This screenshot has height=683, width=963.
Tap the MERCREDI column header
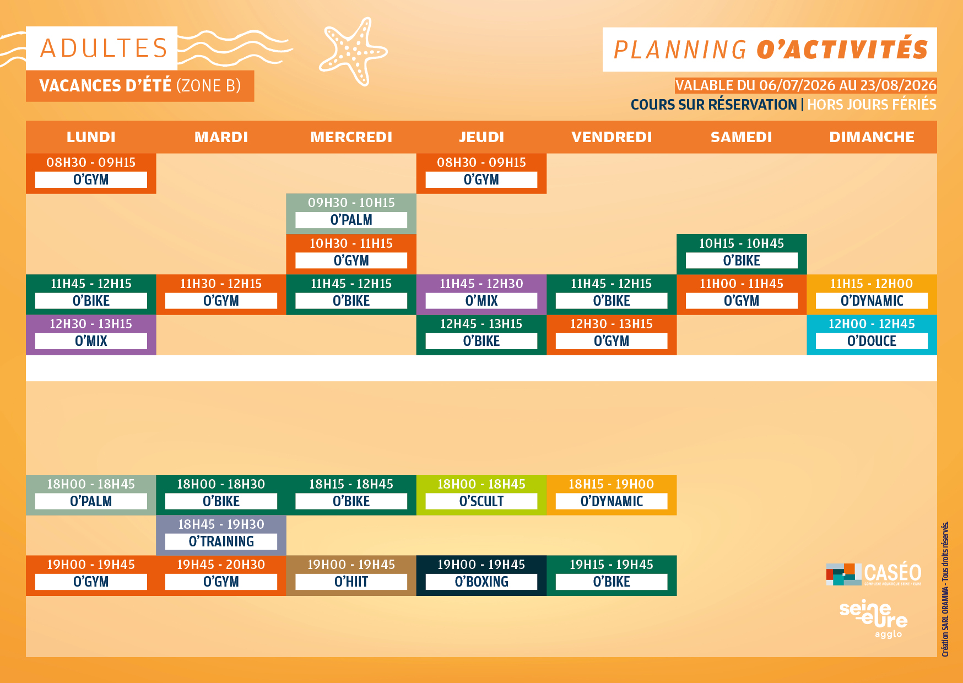coord(351,137)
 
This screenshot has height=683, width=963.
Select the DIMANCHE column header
coord(872,137)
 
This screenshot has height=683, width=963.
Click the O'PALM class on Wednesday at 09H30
coord(351,214)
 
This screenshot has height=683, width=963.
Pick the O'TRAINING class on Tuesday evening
coord(221,535)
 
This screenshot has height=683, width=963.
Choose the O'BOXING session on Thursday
coord(481,576)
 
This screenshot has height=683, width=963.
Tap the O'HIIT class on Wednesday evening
coord(351,576)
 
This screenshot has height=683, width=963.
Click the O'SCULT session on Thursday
coord(481,495)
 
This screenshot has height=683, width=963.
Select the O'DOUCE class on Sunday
coord(872,335)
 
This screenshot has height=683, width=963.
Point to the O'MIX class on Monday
coord(91,335)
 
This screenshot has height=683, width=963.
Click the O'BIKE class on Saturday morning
coord(742,254)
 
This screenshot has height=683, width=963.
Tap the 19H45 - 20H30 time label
coord(221,565)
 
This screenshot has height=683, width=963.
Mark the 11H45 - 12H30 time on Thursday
coord(481,284)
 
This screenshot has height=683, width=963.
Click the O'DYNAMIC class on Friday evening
coord(612,495)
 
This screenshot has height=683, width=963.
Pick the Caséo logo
coord(874,574)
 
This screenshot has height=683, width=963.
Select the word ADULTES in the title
coord(104,48)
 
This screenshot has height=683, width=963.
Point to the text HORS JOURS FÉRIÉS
coord(872,105)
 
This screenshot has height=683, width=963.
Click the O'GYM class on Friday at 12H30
coord(612,335)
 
